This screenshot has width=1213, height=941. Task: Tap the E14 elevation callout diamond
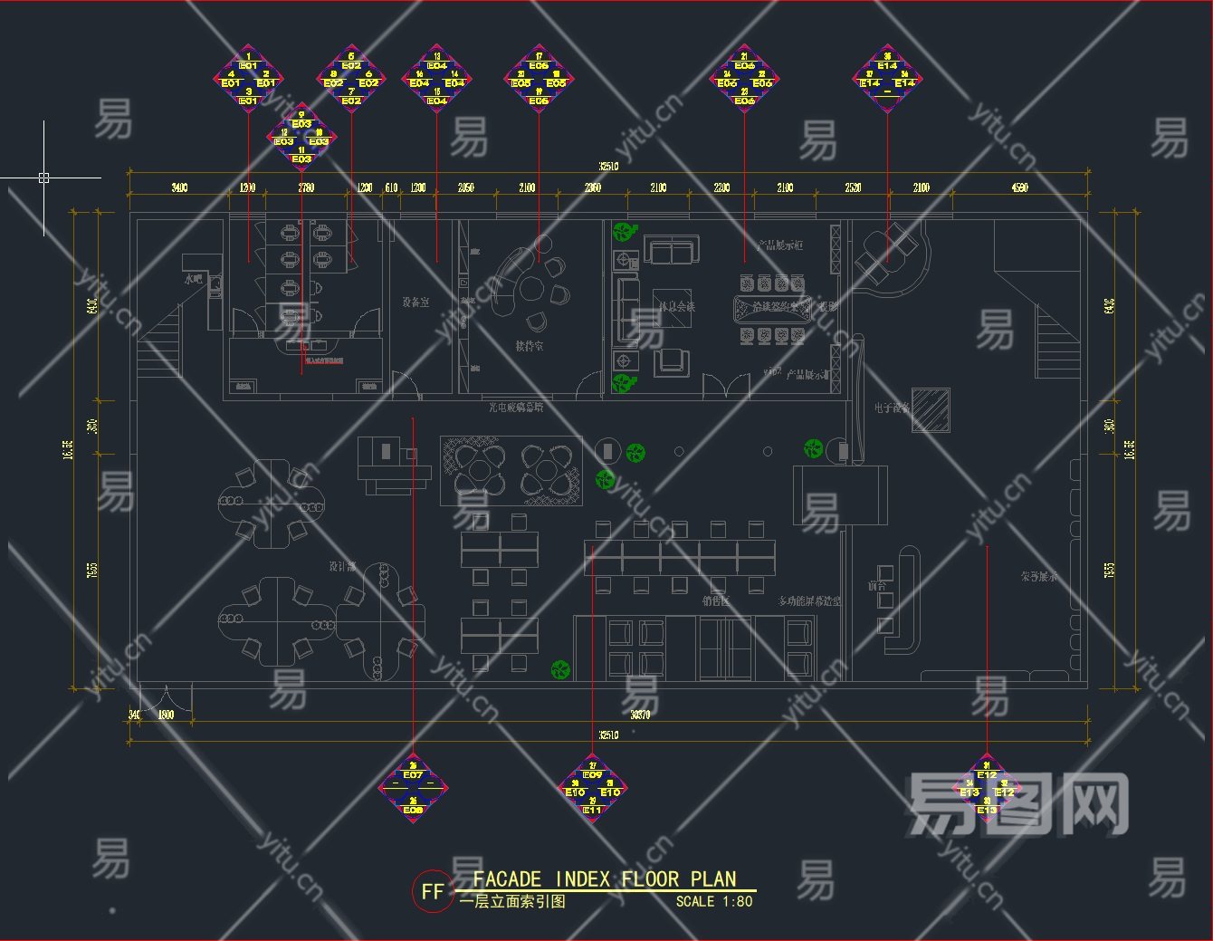pyautogui.click(x=887, y=80)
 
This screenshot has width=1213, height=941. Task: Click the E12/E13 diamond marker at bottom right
pyautogui.click(x=987, y=788)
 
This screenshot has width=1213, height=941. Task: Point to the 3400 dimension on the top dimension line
pyautogui.click(x=179, y=187)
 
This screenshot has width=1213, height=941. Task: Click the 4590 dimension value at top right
pyautogui.click(x=1019, y=187)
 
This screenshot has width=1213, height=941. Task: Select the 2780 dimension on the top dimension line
pyautogui.click(x=306, y=187)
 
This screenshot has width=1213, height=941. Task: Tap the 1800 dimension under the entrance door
pyautogui.click(x=166, y=715)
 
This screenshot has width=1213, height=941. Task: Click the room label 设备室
pyautogui.click(x=415, y=302)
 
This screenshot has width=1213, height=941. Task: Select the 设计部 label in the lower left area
pyautogui.click(x=342, y=566)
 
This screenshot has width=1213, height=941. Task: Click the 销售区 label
pyautogui.click(x=715, y=600)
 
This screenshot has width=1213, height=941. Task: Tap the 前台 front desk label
pyautogui.click(x=877, y=586)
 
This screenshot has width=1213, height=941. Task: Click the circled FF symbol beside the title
pyautogui.click(x=432, y=891)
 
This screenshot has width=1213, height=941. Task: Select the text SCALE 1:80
pyautogui.click(x=713, y=901)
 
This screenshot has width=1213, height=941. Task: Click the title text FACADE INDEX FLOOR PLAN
pyautogui.click(x=605, y=879)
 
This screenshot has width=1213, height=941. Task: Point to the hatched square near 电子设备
pyautogui.click(x=931, y=410)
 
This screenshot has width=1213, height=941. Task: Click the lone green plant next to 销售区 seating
pyautogui.click(x=561, y=670)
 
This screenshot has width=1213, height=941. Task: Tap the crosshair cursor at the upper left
pyautogui.click(x=43, y=178)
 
